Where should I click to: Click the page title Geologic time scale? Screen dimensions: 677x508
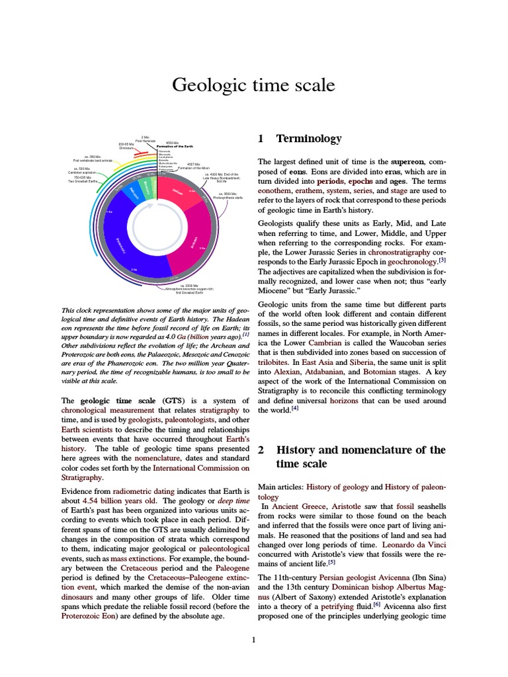(x=253, y=85)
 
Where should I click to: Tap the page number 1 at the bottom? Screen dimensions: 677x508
(x=253, y=639)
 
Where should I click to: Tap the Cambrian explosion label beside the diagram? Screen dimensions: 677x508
(x=83, y=172)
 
